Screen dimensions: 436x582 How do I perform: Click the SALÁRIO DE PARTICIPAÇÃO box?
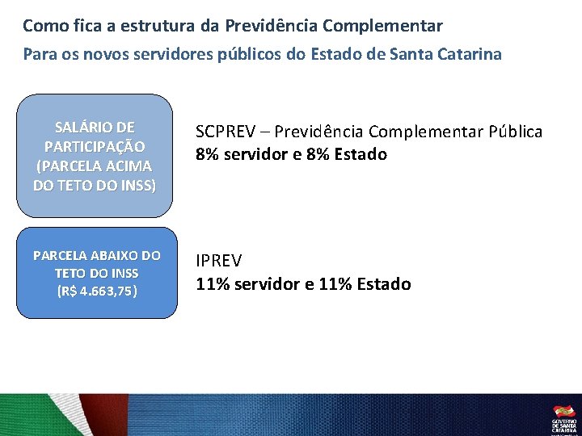(95, 157)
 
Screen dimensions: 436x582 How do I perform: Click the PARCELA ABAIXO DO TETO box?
(95, 273)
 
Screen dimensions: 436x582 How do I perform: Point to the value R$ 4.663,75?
(96, 291)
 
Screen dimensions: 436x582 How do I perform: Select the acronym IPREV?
(219, 261)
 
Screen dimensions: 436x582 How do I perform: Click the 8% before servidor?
(208, 154)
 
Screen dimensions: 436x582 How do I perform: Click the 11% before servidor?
(213, 284)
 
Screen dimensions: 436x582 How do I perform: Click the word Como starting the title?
(40, 26)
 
